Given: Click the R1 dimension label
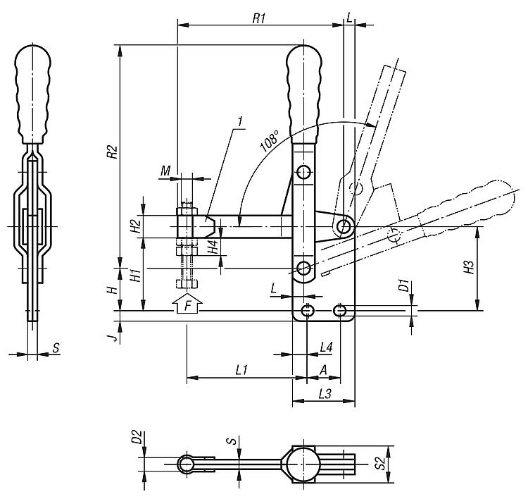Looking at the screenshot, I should point(258,19).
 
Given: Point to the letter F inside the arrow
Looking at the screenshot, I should point(187,307).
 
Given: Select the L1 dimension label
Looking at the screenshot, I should point(241,369).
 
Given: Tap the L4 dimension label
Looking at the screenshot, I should point(326,347).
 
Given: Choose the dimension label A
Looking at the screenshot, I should point(323,369).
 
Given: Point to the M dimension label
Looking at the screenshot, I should point(165,171).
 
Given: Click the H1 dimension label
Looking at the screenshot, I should point(137,274).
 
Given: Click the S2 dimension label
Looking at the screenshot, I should point(379,463).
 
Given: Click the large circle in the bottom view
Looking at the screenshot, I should point(303,463).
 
